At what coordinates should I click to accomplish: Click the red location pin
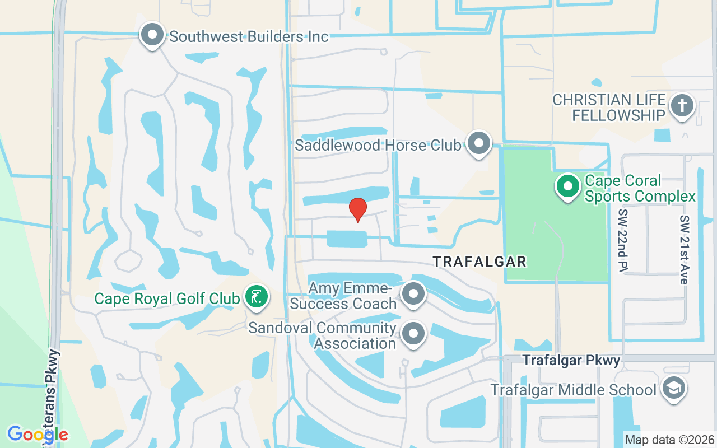pyautogui.click(x=358, y=209)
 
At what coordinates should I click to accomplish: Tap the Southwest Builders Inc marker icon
pyautogui.click(x=152, y=35)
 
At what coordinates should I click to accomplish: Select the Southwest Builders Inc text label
pyautogui.click(x=249, y=37)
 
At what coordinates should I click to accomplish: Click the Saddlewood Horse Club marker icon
pyautogui.click(x=479, y=143)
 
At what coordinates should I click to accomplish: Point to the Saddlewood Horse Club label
pyautogui.click(x=379, y=146)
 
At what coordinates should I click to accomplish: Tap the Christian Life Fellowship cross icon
pyautogui.click(x=682, y=105)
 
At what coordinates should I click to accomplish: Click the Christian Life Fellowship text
pyautogui.click(x=609, y=108)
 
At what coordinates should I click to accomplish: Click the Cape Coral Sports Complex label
pyautogui.click(x=640, y=189)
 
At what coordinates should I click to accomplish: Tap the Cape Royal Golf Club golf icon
pyautogui.click(x=257, y=296)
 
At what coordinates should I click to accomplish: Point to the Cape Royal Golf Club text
pyautogui.click(x=167, y=298)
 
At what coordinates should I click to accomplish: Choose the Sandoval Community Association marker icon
pyautogui.click(x=414, y=334)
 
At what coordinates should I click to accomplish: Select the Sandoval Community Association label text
pyautogui.click(x=323, y=335)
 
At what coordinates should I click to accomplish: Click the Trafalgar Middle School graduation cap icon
pyautogui.click(x=673, y=388)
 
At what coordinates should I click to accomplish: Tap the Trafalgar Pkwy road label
pyautogui.click(x=571, y=361)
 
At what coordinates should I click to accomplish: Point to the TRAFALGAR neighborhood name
pyautogui.click(x=480, y=262)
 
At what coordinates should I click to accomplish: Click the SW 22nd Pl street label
pyautogui.click(x=623, y=241)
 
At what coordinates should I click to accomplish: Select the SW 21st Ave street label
pyautogui.click(x=683, y=250)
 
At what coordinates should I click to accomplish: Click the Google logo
pyautogui.click(x=38, y=434)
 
